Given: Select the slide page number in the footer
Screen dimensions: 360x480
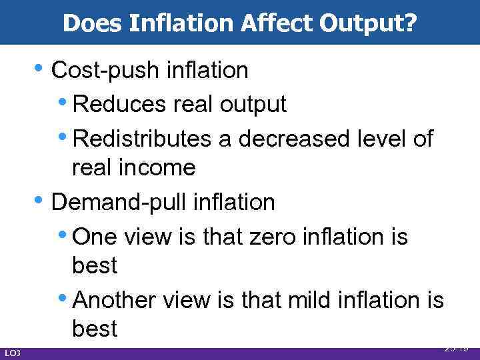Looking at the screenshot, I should pyautogui.click(x=456, y=347).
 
